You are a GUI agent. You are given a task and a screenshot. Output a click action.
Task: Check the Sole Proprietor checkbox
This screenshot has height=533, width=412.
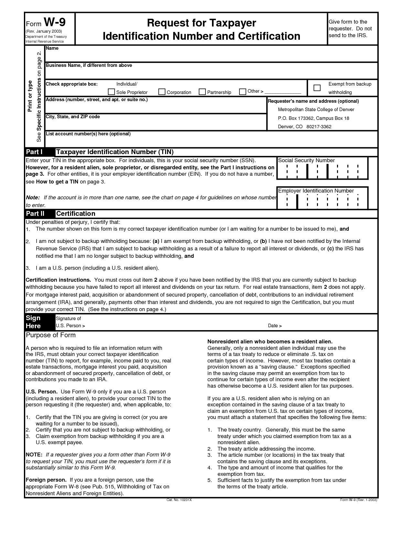(x=111, y=92)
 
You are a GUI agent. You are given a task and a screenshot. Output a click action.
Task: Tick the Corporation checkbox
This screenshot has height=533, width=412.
(x=162, y=92)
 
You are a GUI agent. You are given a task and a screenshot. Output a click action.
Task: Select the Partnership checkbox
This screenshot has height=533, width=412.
(x=202, y=92)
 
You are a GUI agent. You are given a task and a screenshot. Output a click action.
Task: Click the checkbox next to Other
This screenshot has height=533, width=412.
(x=243, y=92)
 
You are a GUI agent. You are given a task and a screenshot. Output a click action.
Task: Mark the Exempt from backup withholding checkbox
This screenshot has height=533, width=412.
(x=317, y=88)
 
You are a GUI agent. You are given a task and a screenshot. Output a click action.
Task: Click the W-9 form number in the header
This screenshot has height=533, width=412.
(x=55, y=22)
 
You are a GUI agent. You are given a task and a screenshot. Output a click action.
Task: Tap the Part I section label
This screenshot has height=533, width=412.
(x=34, y=152)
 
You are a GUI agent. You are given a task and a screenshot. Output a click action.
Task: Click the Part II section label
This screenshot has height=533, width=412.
(x=35, y=214)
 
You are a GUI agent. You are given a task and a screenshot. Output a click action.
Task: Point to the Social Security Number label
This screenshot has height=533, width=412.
(x=306, y=161)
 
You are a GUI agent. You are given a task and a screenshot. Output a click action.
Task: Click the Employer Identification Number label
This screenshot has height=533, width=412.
(x=316, y=191)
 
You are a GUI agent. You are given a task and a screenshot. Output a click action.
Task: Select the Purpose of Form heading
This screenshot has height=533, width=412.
(x=50, y=335)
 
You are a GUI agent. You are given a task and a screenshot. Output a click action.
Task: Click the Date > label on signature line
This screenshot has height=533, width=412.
(x=275, y=326)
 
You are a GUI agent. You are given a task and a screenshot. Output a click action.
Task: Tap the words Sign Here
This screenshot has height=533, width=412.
(x=33, y=322)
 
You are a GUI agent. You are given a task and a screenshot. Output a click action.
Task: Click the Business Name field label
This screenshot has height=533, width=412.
(x=89, y=65)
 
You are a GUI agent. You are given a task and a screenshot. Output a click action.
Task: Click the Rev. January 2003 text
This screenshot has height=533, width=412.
(x=44, y=31)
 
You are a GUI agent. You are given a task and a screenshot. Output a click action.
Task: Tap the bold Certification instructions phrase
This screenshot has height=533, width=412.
(x=58, y=280)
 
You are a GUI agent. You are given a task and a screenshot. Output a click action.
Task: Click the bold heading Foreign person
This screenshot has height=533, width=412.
(x=46, y=480)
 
